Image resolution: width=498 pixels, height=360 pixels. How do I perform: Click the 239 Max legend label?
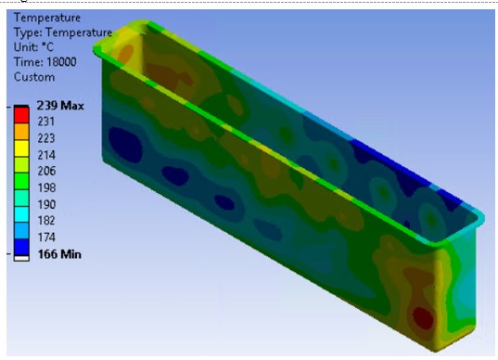pos(60,106)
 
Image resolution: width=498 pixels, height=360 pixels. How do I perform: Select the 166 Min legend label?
pos(59,254)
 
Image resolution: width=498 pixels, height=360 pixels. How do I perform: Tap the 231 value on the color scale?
pos(46,122)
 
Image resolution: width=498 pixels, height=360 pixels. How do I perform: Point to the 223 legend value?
pos(46,138)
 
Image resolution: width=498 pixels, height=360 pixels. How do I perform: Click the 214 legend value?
pos(46,155)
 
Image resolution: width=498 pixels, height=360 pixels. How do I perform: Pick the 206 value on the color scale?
pos(46,172)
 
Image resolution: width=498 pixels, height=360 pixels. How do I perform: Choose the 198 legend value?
pos(46,187)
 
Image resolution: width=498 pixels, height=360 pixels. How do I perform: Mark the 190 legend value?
pos(46,204)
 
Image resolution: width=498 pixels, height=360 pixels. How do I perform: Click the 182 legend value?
pos(46,221)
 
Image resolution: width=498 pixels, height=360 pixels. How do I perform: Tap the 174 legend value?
pos(46,238)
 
